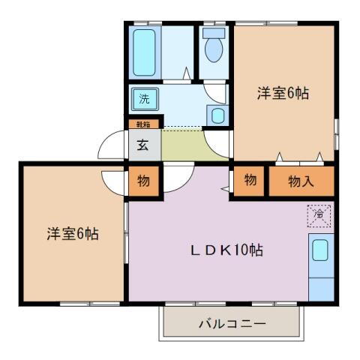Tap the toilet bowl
tap(214, 49)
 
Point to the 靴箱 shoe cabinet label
tap(142, 124)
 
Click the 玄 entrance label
tap(142, 145)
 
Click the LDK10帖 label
tap(224, 250)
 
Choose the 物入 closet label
tap(301, 181)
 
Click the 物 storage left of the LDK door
tap(143, 181)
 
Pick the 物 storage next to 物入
tap(250, 181)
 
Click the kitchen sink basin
tap(320, 250)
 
